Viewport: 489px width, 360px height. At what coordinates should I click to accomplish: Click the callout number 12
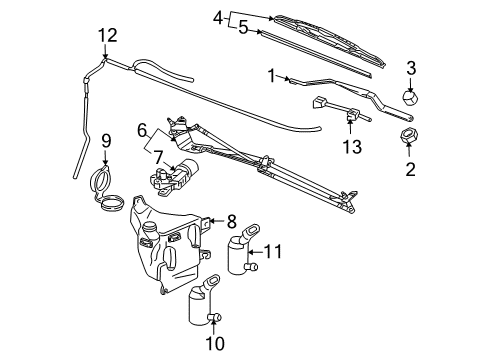pos(108,35)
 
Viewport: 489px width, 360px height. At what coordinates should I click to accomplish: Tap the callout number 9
pos(103,141)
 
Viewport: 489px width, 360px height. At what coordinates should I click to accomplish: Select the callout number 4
pos(218,16)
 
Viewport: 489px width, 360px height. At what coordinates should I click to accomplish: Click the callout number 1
pos(271,74)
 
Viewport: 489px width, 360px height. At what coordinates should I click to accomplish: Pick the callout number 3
pos(408,67)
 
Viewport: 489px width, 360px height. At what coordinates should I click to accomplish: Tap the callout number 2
pos(409,169)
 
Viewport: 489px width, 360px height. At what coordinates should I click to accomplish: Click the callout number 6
pos(143,129)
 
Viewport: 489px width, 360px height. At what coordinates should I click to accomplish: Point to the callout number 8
pos(231,222)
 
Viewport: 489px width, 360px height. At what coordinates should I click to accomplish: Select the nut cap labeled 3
pos(408,99)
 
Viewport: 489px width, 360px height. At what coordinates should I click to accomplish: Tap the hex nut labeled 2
pos(408,136)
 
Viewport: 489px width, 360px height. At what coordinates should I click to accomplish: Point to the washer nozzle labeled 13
pos(352,119)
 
